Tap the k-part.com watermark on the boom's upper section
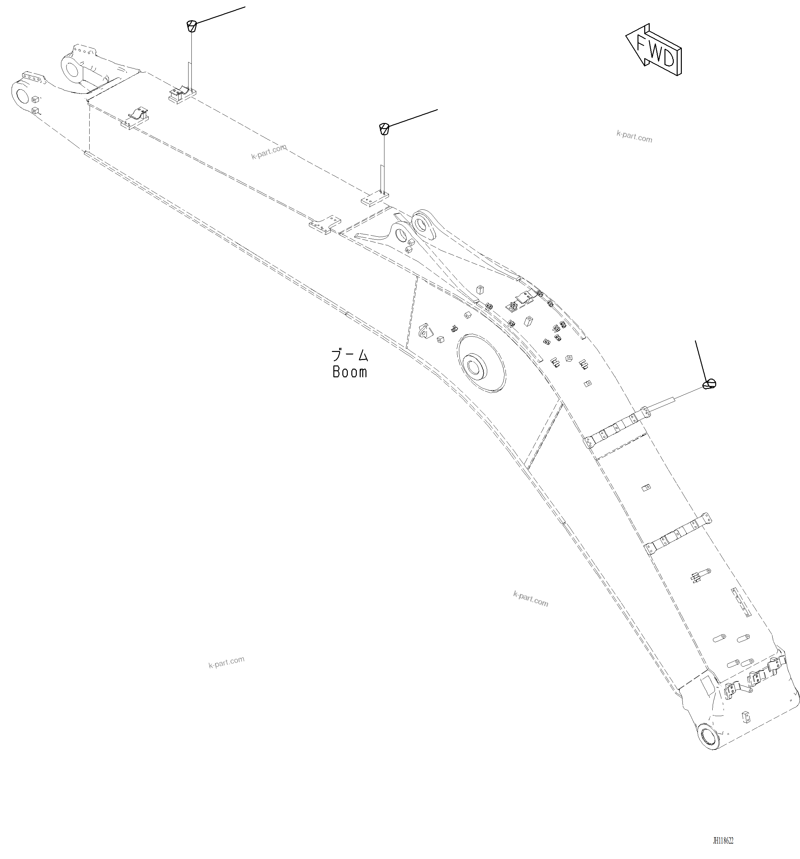[268, 152]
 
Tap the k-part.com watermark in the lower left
[226, 662]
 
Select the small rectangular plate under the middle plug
[374, 200]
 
